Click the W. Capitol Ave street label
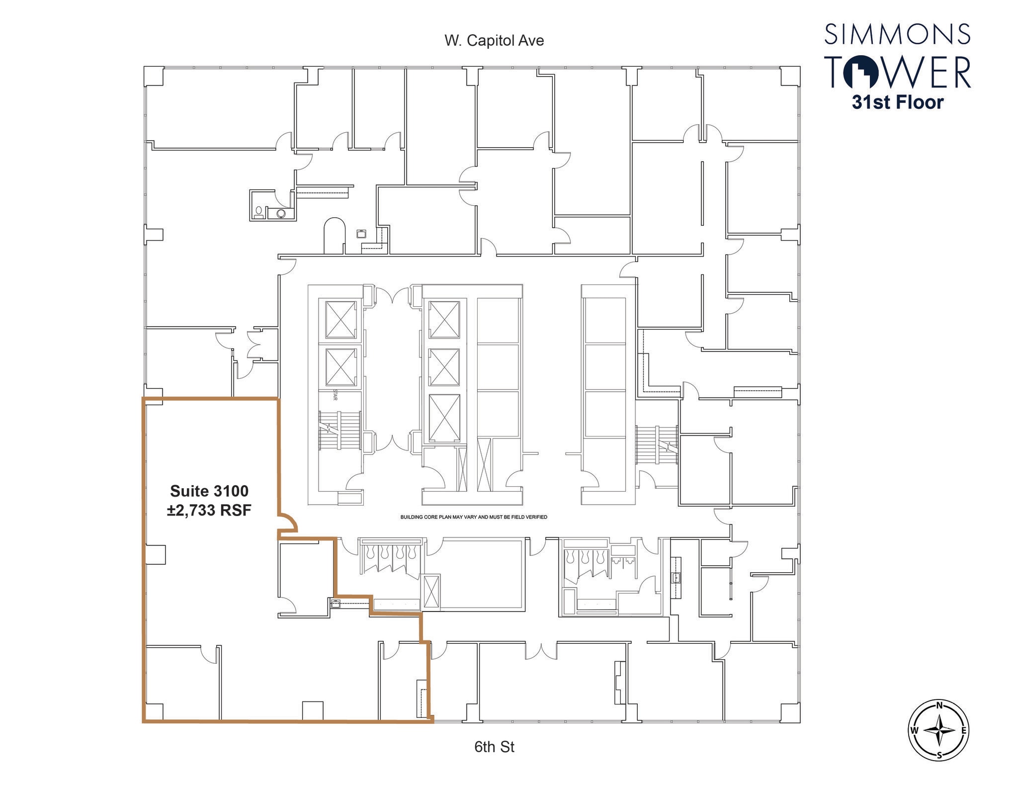[x=494, y=41]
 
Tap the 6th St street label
[x=494, y=747]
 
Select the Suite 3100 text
[x=209, y=491]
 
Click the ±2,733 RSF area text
[x=209, y=510]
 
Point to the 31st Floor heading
[x=897, y=102]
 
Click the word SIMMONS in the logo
[x=897, y=34]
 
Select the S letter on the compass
[x=939, y=755]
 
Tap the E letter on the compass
[x=963, y=730]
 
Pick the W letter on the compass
[x=914, y=730]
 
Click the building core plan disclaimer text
[x=474, y=517]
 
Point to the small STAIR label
[x=335, y=396]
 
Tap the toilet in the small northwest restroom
[x=258, y=212]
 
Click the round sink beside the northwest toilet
[x=281, y=214]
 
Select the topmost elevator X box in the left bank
[x=341, y=319]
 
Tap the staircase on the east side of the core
[x=656, y=444]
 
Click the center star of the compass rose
[x=939, y=730]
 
